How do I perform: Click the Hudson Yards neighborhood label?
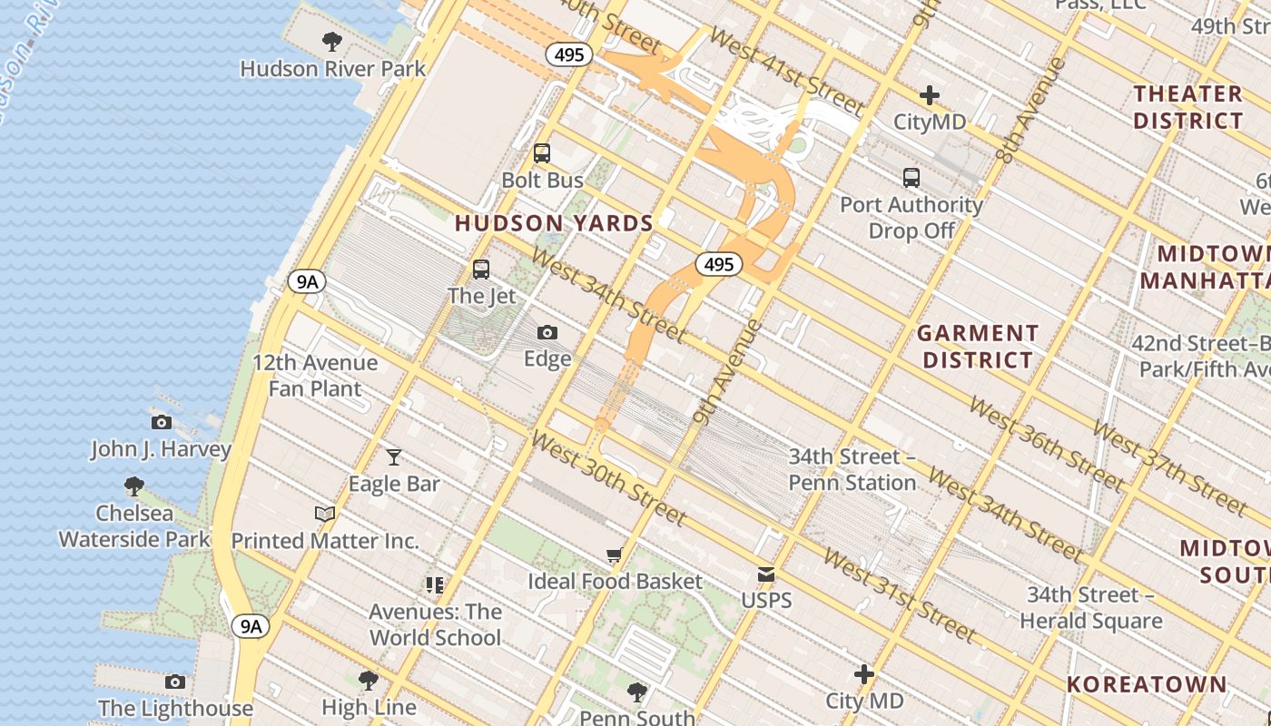tap(554, 223)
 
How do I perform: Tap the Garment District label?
tap(978, 347)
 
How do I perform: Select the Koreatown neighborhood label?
tap(1147, 684)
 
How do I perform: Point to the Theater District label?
tap(1187, 107)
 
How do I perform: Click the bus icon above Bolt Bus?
tap(542, 152)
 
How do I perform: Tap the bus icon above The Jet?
tap(481, 269)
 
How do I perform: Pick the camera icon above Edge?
tap(547, 332)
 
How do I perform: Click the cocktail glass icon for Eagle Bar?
tap(394, 456)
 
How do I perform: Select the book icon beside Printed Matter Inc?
tap(324, 514)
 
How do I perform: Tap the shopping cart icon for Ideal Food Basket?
tap(615, 554)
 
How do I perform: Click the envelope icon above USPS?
tap(766, 574)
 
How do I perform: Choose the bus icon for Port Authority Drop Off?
tap(911, 178)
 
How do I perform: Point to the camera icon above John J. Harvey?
tap(162, 422)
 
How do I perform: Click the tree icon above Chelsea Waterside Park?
tap(134, 486)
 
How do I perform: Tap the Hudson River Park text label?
tap(332, 69)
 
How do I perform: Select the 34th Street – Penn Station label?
tap(852, 469)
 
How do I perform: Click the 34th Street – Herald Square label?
tap(1090, 608)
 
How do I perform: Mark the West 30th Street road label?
tap(607, 478)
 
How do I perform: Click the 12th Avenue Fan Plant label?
tap(315, 376)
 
